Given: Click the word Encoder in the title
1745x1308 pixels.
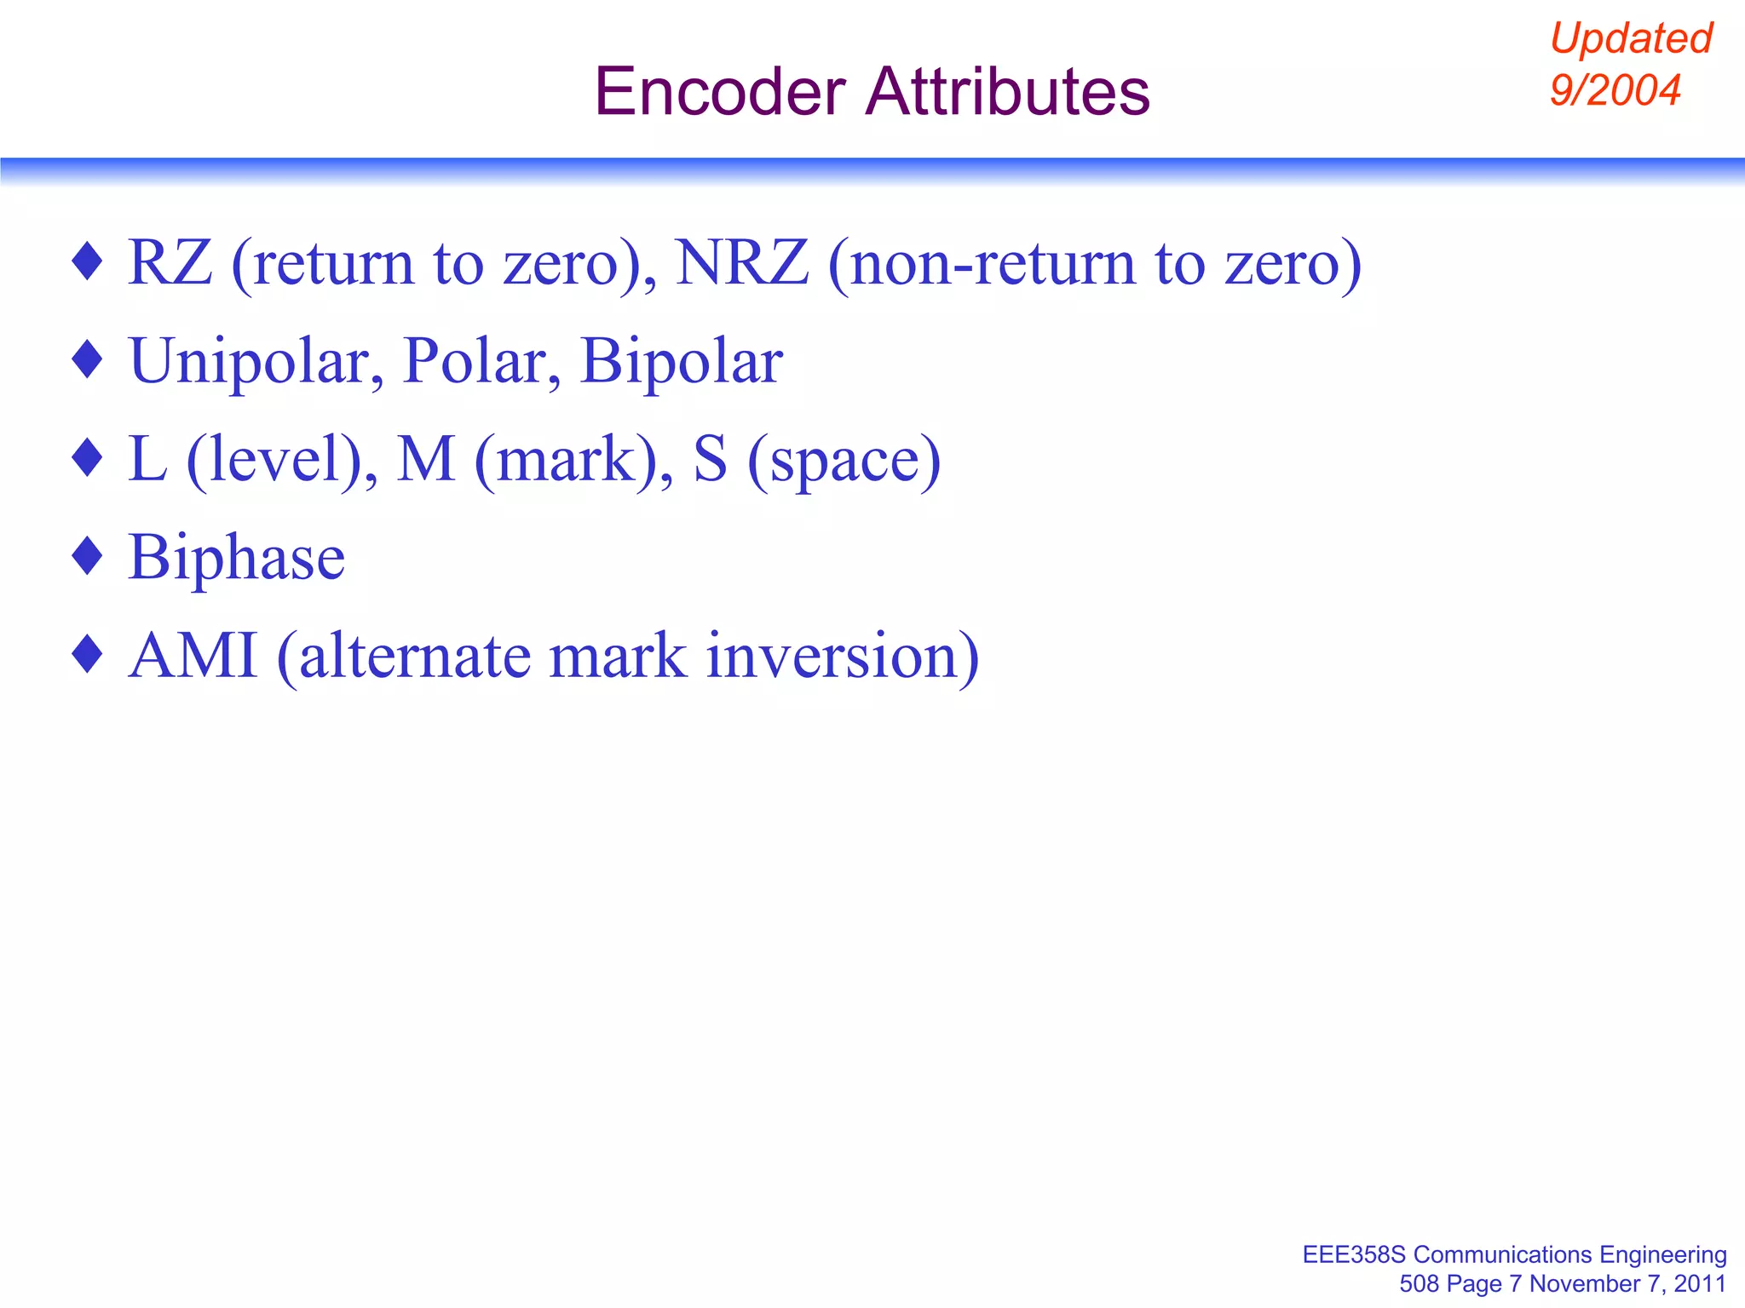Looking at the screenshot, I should [720, 92].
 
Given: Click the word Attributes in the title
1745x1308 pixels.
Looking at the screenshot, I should [1007, 92].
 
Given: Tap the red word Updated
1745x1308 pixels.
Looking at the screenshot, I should [1631, 38].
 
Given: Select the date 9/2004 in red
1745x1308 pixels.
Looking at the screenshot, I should [1615, 90].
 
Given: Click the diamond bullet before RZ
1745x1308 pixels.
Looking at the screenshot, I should [88, 261].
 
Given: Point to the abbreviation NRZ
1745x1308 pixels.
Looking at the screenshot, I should [741, 263].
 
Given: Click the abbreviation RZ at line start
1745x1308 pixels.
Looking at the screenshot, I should [170, 263].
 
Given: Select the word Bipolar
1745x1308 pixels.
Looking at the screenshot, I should [681, 362].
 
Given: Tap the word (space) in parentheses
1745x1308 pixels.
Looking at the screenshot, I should [844, 461].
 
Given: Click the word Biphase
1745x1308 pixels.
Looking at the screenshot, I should [236, 558].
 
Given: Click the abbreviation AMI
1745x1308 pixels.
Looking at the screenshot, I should [193, 656].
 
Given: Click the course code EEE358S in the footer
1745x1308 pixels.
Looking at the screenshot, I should [1354, 1254].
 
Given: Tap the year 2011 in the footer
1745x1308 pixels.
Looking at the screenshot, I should [1700, 1283].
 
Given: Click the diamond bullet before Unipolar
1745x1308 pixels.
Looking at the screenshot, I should [88, 359].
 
